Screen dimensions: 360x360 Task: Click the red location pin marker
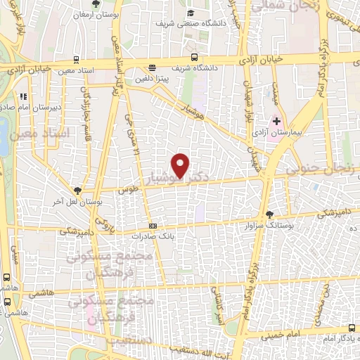coord(181,165)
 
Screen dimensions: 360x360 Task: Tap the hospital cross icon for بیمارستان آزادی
coord(276,121)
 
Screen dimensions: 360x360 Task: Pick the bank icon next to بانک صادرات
coord(154,226)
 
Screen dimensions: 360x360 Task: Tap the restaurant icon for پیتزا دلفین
coord(152,68)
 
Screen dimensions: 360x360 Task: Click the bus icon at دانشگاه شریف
coord(193,58)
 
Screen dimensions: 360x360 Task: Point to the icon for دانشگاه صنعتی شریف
coord(190,13)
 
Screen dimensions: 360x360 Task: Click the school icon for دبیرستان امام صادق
coord(23,96)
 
